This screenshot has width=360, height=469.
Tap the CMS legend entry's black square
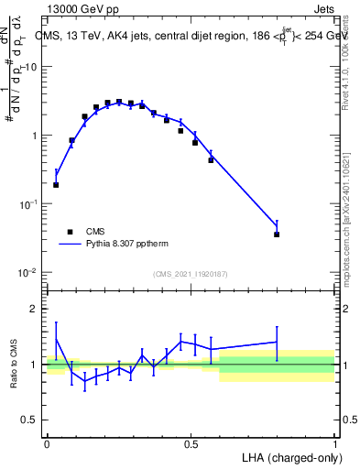pos(70,233)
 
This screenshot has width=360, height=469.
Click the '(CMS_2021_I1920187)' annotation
pos(190,274)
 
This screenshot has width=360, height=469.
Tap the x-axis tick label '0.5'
pos(191,443)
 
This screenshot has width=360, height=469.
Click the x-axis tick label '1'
pos(334,443)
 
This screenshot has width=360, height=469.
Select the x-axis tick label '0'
pos(47,443)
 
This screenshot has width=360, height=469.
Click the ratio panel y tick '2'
pos(33,309)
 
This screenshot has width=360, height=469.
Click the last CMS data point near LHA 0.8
pos(277,234)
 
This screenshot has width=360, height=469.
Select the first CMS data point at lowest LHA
pos(56,184)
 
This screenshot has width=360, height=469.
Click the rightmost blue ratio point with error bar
pos(277,342)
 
